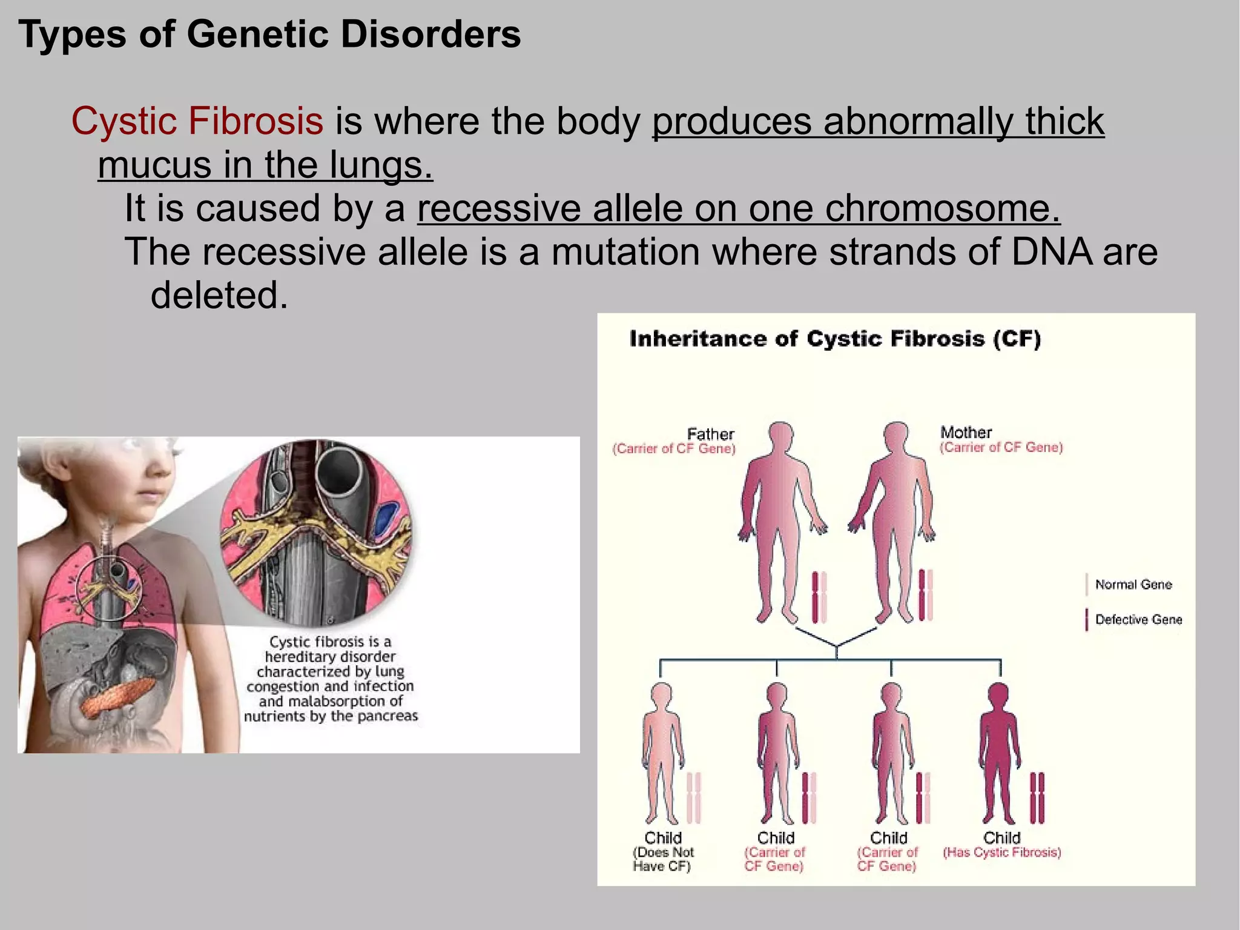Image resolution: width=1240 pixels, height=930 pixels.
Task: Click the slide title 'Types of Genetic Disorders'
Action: (x=269, y=35)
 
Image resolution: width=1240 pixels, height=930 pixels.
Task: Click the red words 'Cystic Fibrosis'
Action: (x=197, y=121)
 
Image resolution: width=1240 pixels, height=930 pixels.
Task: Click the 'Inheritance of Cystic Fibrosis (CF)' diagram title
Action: (x=835, y=339)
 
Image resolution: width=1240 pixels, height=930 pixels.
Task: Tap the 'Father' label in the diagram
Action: (x=710, y=434)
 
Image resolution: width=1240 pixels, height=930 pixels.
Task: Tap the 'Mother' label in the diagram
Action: (x=966, y=433)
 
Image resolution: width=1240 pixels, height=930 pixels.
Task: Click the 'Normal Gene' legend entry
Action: (x=1133, y=585)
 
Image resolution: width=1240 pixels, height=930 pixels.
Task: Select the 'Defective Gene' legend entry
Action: (x=1138, y=619)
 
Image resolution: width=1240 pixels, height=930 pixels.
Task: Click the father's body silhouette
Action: (x=781, y=515)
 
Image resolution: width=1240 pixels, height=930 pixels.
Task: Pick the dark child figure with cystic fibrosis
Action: (x=999, y=751)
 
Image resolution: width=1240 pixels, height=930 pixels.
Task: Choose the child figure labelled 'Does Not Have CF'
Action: (x=662, y=751)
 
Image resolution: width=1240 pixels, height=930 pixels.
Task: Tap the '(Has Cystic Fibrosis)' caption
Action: (x=1001, y=852)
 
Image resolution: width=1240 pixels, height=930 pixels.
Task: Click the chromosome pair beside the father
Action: (x=819, y=597)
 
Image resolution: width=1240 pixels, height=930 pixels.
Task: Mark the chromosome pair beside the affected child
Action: (x=1037, y=797)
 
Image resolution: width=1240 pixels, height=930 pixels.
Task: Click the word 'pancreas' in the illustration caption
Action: (x=389, y=716)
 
